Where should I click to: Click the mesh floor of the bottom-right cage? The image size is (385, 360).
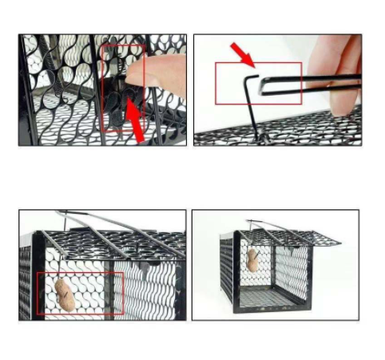[x=272, y=297]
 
